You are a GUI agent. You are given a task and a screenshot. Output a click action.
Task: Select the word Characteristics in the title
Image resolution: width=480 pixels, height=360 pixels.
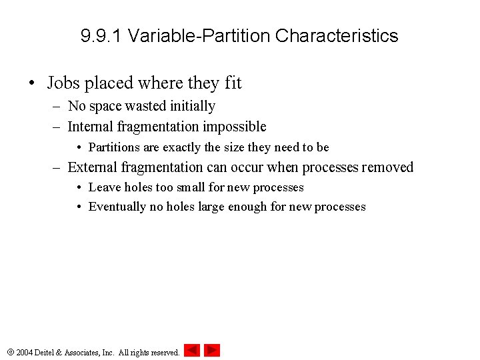click(x=337, y=36)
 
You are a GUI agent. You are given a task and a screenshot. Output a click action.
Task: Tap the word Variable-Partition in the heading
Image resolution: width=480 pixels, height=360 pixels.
click(x=199, y=36)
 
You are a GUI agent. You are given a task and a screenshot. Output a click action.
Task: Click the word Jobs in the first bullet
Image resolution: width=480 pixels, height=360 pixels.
click(x=64, y=83)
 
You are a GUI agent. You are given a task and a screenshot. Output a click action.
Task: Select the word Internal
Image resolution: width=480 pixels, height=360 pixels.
click(x=92, y=127)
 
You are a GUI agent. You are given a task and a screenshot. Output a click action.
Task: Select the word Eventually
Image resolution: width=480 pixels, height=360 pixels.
click(x=117, y=207)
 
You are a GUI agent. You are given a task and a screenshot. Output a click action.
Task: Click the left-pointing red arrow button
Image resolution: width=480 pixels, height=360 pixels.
click(x=192, y=351)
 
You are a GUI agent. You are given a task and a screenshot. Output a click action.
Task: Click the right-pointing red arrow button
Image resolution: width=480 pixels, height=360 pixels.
click(x=212, y=351)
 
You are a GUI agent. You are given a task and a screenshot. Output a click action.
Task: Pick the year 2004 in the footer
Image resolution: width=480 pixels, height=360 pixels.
click(x=25, y=352)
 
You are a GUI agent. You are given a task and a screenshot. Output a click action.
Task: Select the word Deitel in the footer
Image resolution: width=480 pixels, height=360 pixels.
click(x=47, y=352)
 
